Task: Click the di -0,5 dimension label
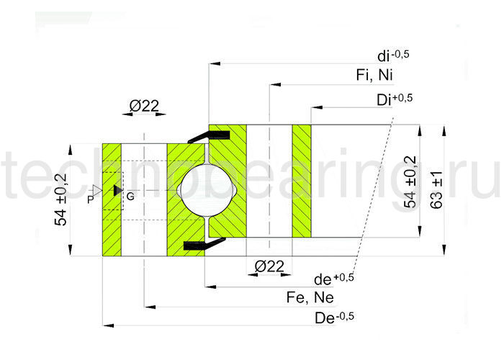click(393, 55)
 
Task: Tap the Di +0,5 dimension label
click(394, 99)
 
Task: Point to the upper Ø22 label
click(144, 106)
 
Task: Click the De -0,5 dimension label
click(335, 317)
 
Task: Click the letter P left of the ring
click(90, 197)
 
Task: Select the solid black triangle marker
click(117, 190)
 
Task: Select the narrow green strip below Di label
click(302, 181)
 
